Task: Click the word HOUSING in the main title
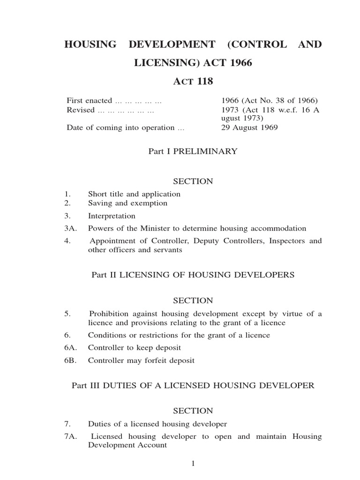[90, 45]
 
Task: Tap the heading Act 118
[193, 82]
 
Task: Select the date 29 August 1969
[249, 127]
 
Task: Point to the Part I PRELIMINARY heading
[193, 151]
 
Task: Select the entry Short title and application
[134, 194]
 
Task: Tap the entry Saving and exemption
[127, 203]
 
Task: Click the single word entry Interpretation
[112, 216]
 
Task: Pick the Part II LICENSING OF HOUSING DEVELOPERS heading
[193, 275]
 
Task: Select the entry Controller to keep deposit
[135, 348]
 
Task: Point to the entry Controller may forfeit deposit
[141, 361]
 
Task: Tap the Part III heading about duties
[193, 385]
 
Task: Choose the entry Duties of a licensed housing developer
[157, 424]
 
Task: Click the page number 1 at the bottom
[193, 464]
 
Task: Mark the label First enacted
[90, 100]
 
